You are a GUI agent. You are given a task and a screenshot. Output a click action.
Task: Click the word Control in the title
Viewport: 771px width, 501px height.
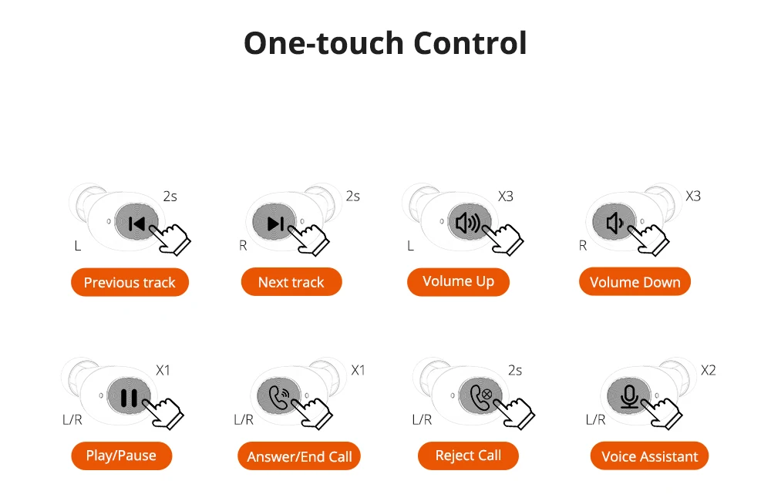tap(470, 42)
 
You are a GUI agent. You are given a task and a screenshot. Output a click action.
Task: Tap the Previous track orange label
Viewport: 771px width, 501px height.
tap(130, 282)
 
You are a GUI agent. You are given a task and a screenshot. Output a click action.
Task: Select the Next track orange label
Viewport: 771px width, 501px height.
tap(291, 282)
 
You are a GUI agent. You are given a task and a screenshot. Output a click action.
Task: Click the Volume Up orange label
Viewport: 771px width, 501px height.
tap(458, 282)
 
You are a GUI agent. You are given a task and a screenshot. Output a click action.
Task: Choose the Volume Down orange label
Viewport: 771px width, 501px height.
tap(635, 282)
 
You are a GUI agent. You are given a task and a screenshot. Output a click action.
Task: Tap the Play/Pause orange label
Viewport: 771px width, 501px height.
tap(122, 456)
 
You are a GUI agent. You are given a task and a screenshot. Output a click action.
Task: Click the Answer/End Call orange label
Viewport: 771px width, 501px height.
tap(299, 456)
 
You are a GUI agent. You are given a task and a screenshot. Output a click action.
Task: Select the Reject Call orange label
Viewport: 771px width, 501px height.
tap(468, 456)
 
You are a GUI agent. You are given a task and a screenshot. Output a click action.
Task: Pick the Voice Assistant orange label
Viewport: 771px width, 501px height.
tap(649, 456)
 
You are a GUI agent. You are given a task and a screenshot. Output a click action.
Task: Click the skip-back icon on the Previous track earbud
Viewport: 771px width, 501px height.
tap(136, 224)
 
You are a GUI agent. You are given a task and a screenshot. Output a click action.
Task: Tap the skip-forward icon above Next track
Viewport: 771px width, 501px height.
tap(275, 224)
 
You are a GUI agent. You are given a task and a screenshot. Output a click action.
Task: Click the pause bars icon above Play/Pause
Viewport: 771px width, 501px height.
tap(129, 397)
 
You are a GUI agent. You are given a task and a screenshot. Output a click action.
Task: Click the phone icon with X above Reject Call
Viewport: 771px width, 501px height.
tap(481, 397)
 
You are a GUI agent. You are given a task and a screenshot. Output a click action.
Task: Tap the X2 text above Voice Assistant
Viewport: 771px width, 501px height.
tap(708, 370)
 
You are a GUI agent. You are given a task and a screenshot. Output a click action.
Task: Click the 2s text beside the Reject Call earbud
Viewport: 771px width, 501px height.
tap(515, 370)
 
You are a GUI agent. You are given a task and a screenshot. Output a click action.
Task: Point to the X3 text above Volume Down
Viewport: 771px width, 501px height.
tap(693, 197)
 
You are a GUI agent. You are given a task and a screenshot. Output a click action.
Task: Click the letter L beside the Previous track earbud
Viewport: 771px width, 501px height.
tap(78, 246)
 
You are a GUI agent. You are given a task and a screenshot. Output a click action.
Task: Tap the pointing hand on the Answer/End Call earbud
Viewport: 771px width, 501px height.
tap(313, 412)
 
